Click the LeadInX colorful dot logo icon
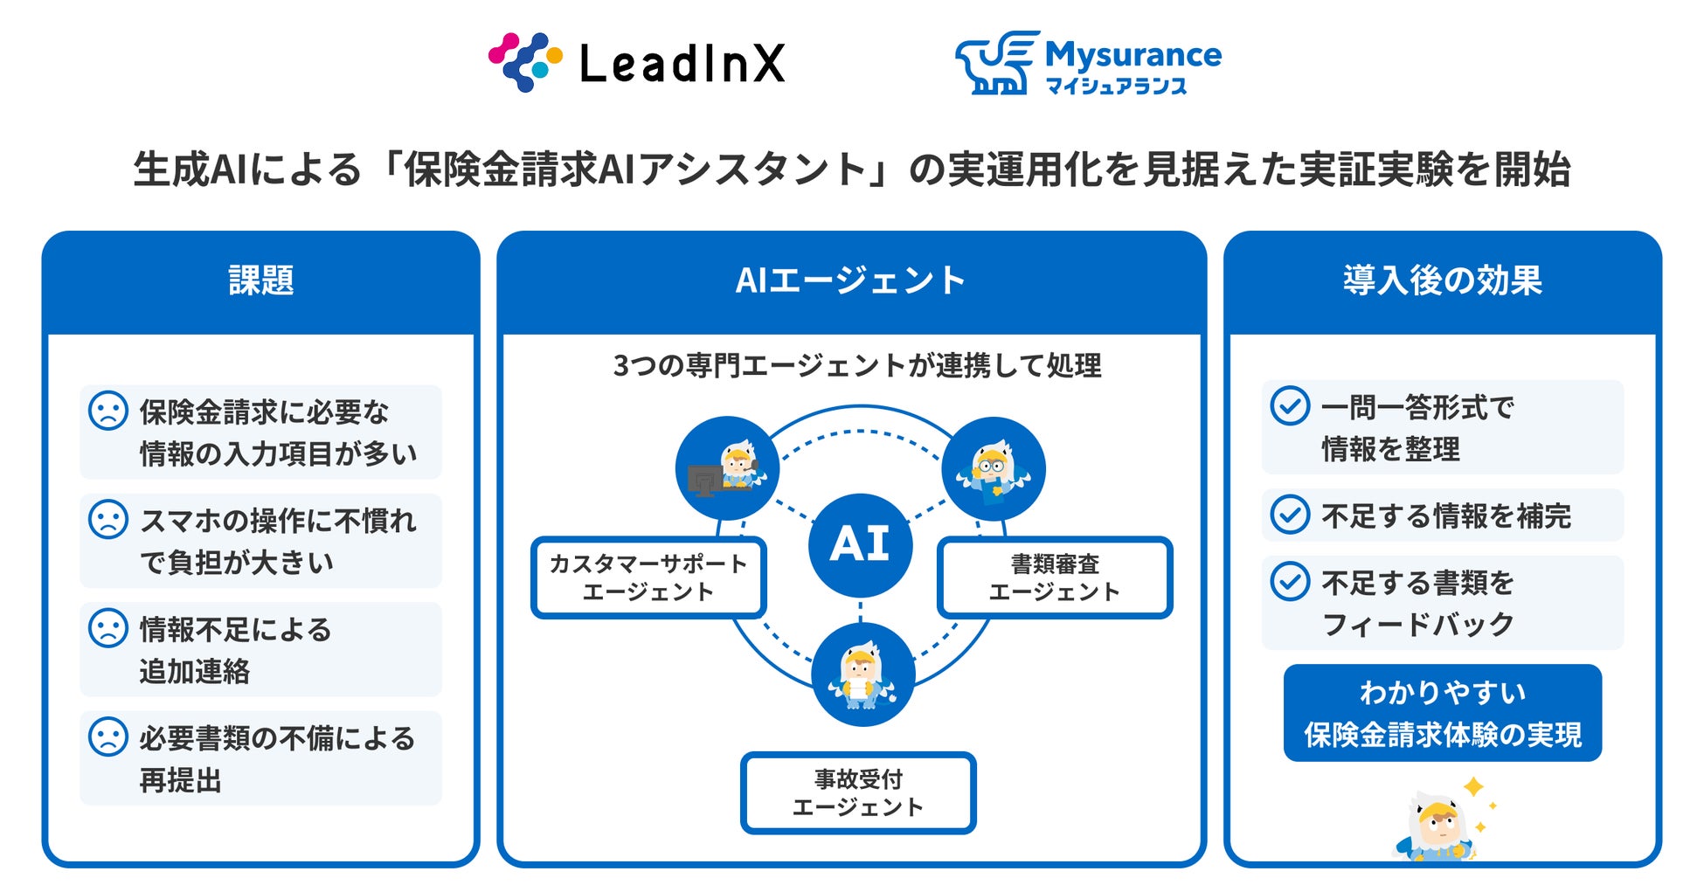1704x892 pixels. pos(524,62)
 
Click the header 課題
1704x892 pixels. pos(260,280)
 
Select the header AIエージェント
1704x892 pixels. pos(850,280)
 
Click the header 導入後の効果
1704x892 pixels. pos(1442,280)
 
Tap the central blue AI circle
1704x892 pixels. pos(860,545)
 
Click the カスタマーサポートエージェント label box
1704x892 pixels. pos(648,577)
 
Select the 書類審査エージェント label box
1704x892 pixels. pos(1054,577)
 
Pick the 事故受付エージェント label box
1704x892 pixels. pos(857,792)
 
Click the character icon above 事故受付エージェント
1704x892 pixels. pos(862,674)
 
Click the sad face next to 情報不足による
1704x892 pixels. pos(108,628)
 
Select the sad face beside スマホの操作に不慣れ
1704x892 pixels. pos(108,519)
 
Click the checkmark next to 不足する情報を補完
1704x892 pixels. pos(1289,515)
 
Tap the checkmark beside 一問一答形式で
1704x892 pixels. pos(1289,406)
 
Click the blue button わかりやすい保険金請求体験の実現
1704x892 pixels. pos(1442,713)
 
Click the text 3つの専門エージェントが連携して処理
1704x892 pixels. pos(856,365)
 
